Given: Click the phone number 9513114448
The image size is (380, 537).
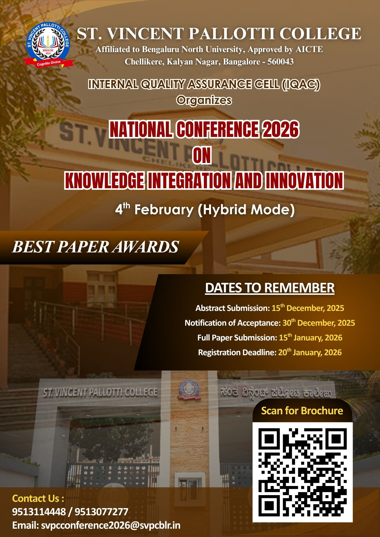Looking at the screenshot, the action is (x=39, y=512).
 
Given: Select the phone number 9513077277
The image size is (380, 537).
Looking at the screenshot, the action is (x=102, y=512).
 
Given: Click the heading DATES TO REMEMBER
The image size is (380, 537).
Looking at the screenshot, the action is (x=270, y=288).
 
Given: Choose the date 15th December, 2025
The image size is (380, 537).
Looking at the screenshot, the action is (x=308, y=308).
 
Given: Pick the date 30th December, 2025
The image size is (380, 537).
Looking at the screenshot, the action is (x=319, y=322).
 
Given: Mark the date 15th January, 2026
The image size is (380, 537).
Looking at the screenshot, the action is (x=311, y=337).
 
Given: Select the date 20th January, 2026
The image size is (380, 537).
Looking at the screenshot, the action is (x=310, y=352).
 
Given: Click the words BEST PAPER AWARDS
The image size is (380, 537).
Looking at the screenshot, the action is (x=95, y=247).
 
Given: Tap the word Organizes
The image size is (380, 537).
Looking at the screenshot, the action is (x=204, y=100).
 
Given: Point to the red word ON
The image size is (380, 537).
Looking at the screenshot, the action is (x=202, y=155).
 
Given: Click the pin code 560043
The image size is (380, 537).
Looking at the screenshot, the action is (x=281, y=61).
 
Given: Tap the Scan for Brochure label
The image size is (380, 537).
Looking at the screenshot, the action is (x=302, y=411).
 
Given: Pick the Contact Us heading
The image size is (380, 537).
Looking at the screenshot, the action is (x=38, y=498).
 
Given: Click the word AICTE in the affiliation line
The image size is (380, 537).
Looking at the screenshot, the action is (x=309, y=49).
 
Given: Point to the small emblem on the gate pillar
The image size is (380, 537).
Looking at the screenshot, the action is (x=189, y=389).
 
